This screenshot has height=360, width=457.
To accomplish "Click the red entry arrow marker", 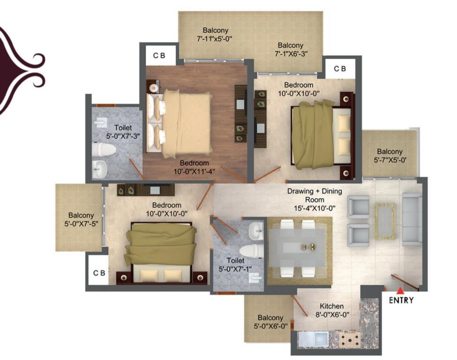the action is click(x=401, y=290).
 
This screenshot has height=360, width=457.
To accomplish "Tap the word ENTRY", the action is click(x=401, y=300).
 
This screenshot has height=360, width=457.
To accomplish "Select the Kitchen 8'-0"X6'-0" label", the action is click(x=332, y=310).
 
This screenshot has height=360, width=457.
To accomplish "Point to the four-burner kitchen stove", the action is click(x=350, y=339).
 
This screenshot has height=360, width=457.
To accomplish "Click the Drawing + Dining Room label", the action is click(x=315, y=200).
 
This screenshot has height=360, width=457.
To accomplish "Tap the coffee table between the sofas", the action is click(x=385, y=220).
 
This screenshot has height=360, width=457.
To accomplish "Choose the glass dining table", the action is click(x=296, y=247).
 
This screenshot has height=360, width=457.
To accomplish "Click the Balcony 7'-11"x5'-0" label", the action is click(x=216, y=34).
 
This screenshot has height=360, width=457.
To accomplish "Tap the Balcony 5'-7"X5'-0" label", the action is click(x=390, y=156).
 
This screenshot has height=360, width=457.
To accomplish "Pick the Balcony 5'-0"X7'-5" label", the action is click(x=81, y=219).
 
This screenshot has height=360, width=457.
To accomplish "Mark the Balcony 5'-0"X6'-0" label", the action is click(x=270, y=322).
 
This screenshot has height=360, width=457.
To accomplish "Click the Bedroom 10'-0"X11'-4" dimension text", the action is click(x=195, y=172).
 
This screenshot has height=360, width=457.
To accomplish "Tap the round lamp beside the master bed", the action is click(x=154, y=87).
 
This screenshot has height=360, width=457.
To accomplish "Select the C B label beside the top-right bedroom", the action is click(x=340, y=69).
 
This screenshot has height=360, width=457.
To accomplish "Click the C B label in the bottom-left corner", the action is click(x=99, y=273).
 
